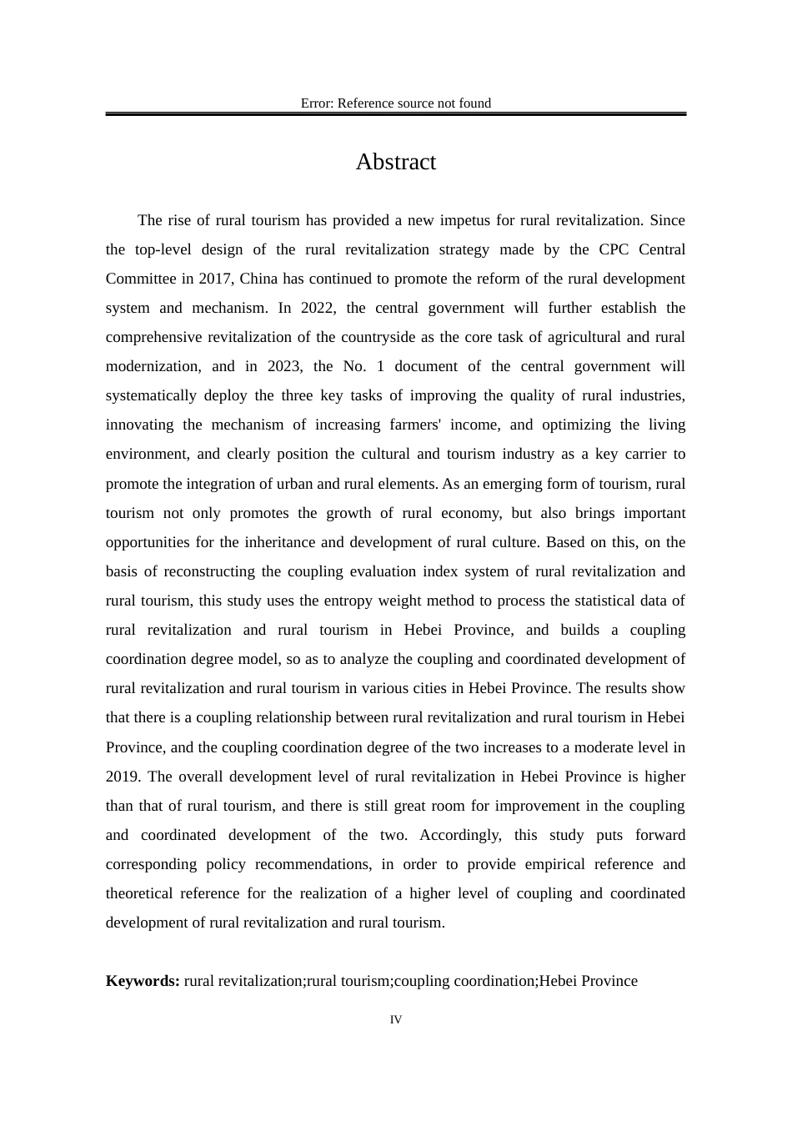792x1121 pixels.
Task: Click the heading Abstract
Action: tap(395, 162)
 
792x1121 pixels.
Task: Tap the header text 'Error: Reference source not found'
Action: tap(395, 103)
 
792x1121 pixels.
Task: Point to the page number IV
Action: tap(395, 1019)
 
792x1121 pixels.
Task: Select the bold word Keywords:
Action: tap(143, 981)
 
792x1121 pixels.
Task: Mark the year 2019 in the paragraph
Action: tap(123, 777)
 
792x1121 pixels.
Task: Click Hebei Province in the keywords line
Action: tap(588, 981)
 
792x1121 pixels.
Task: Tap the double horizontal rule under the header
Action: tap(395, 113)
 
